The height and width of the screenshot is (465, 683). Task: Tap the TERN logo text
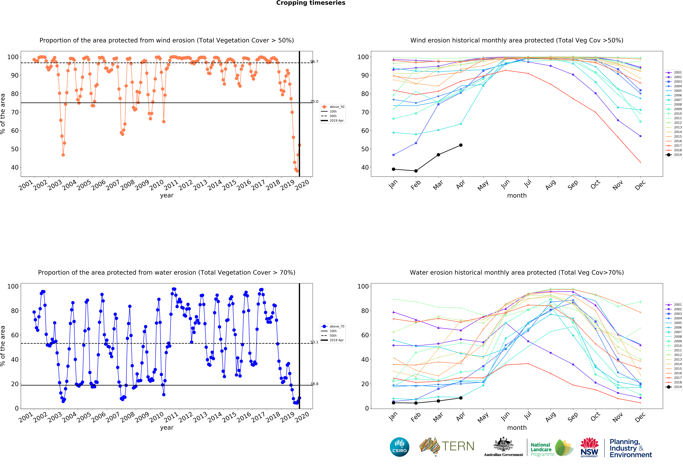pos(458,446)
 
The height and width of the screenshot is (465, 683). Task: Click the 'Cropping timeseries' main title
pos(311,3)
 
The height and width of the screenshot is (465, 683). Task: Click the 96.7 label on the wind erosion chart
pos(314,62)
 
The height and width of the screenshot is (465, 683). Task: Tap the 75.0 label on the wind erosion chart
pos(314,102)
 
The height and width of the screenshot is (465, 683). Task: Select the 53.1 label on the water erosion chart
pos(314,342)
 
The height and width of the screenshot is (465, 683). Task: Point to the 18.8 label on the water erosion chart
pos(314,384)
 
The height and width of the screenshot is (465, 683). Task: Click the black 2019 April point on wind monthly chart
pos(461,145)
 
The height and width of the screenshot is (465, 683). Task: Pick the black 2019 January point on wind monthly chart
pos(393,169)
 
